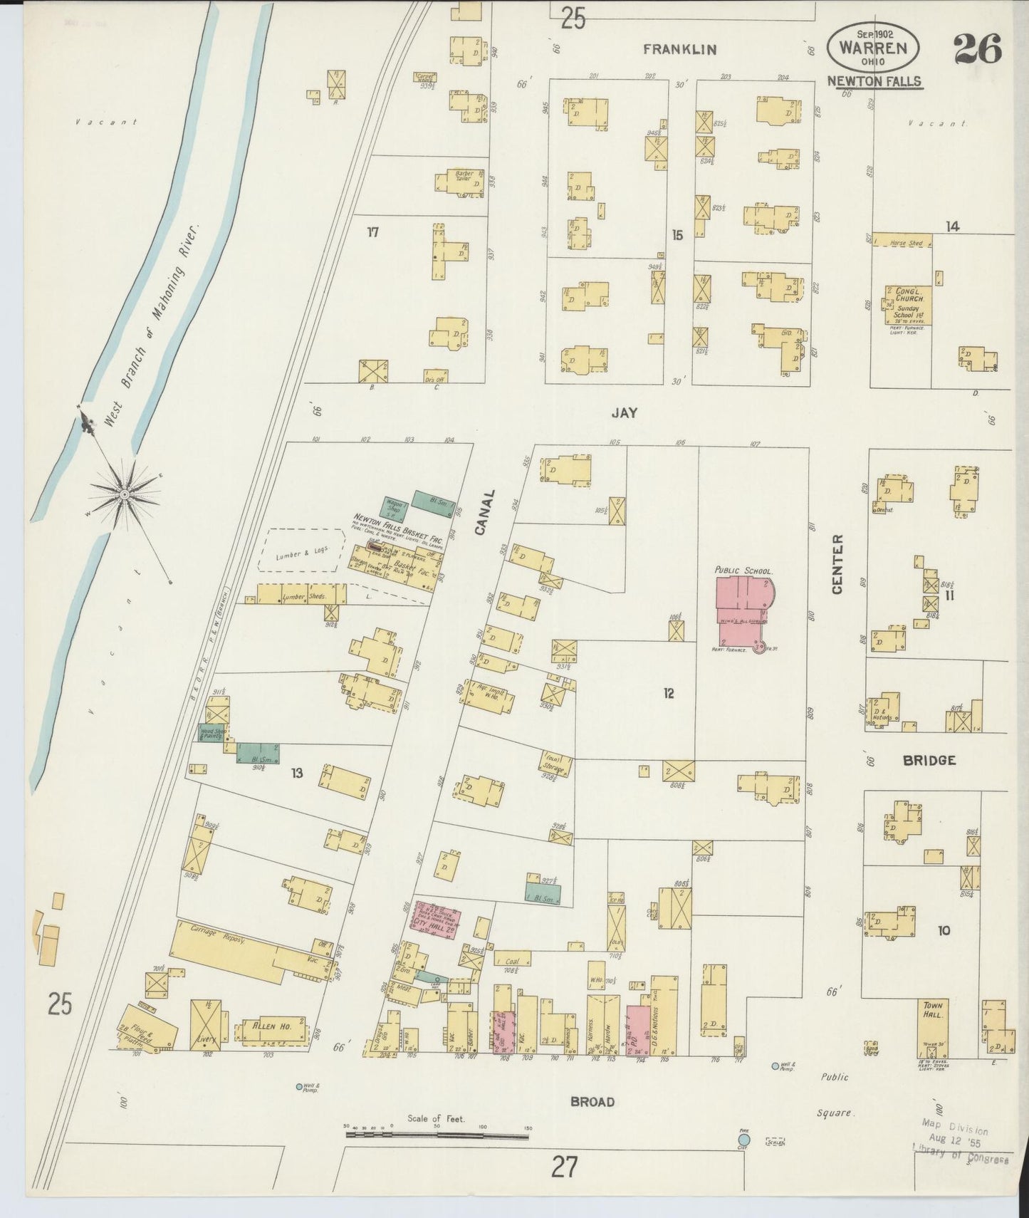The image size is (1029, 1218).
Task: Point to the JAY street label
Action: (623, 412)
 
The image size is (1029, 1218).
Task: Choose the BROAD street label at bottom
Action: (592, 1102)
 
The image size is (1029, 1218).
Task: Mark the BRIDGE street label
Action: (929, 761)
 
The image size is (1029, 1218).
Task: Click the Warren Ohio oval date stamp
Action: (872, 48)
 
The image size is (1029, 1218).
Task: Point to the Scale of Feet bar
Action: (438, 1132)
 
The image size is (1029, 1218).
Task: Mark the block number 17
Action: (372, 231)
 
